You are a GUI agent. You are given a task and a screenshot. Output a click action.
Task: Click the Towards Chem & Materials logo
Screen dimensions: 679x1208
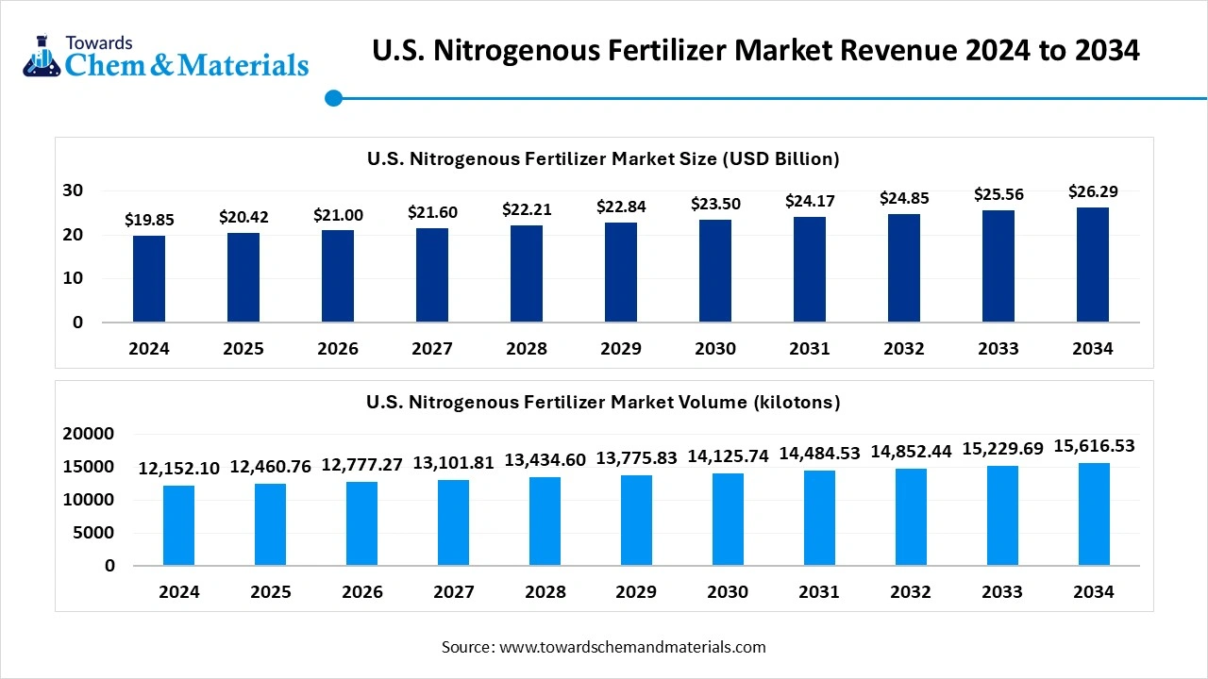click(165, 56)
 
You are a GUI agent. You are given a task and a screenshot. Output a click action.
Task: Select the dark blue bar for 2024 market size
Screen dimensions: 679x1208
click(149, 278)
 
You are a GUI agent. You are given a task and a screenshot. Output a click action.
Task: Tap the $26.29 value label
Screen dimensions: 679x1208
click(1093, 191)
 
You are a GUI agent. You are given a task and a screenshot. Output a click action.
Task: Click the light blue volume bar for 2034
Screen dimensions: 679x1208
click(1094, 514)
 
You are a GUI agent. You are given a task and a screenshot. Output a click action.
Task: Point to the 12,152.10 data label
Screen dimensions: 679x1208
click(178, 468)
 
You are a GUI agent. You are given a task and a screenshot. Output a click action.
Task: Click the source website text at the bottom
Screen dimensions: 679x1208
click(604, 647)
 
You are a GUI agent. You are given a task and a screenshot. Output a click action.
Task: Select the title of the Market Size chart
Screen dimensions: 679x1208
click(603, 158)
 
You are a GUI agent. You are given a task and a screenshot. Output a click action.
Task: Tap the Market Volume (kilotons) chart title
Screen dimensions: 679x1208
click(603, 403)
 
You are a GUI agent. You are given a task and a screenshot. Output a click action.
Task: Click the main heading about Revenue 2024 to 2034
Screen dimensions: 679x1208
click(755, 50)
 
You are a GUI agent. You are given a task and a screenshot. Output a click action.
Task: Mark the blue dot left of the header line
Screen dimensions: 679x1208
click(332, 98)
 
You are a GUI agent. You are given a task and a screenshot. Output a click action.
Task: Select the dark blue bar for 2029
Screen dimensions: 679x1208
click(621, 272)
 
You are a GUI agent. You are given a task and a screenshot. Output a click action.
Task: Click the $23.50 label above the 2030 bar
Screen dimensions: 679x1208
click(715, 204)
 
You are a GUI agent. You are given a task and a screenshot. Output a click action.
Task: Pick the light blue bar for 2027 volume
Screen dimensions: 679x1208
click(453, 522)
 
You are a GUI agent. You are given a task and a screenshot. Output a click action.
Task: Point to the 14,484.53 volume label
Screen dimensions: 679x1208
click(819, 454)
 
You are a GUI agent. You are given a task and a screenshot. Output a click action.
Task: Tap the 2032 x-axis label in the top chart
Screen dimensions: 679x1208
click(904, 349)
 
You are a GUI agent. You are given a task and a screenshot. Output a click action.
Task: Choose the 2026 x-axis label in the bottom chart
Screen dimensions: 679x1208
click(361, 592)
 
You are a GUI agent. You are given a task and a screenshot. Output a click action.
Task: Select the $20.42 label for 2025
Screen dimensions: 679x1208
click(243, 217)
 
